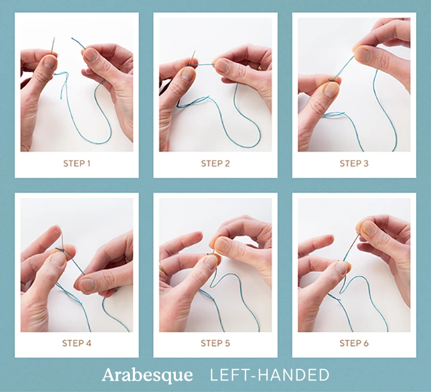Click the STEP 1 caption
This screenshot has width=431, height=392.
(76, 163)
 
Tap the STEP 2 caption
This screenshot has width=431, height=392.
(215, 163)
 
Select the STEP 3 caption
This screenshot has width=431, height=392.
(354, 163)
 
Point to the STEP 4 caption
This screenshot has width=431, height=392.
(76, 343)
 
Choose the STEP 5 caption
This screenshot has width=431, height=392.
(215, 343)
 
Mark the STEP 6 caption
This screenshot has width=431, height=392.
(354, 343)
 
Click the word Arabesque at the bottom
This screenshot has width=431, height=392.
(147, 375)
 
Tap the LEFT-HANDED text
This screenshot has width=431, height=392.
(270, 375)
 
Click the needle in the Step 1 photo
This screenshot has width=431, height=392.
(53, 46)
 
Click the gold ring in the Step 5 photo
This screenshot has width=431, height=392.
(163, 268)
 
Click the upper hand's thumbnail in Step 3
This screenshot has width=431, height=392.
(363, 55)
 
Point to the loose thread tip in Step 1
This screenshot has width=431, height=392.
(72, 39)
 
